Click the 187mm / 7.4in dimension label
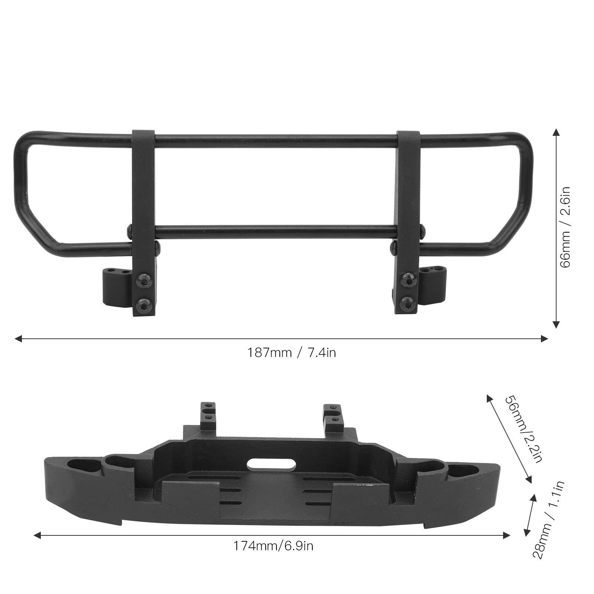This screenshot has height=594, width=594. pyautogui.click(x=292, y=352)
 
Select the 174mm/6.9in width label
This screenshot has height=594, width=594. pyautogui.click(x=273, y=546)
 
